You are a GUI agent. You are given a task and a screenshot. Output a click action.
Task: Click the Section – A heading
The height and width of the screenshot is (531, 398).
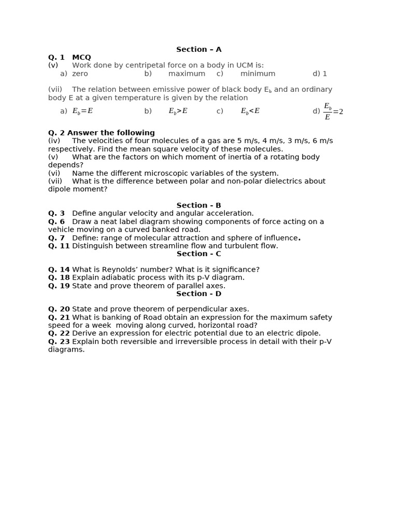[x=198, y=49]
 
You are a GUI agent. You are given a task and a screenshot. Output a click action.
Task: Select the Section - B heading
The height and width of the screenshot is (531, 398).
[x=198, y=205]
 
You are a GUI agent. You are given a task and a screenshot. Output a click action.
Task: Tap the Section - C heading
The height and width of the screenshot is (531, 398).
[x=198, y=254]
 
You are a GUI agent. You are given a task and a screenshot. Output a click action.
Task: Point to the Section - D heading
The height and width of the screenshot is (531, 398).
[x=198, y=294]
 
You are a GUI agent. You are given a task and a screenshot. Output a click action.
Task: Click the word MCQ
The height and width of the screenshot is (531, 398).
[x=81, y=57]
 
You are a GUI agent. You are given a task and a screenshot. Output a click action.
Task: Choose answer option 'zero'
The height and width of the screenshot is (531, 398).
[x=80, y=74]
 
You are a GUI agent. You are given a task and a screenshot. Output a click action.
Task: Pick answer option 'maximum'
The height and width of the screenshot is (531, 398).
[x=187, y=74]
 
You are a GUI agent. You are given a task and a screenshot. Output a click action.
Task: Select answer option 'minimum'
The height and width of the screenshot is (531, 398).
[x=258, y=74]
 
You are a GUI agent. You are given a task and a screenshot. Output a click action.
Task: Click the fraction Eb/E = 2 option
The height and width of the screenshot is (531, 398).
[x=333, y=111]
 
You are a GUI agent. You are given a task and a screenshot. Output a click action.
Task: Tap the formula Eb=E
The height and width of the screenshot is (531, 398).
[x=82, y=111]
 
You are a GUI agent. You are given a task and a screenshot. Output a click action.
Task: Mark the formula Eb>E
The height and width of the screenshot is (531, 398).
[x=178, y=111]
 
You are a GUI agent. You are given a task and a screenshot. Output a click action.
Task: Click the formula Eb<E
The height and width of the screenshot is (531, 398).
[x=250, y=111]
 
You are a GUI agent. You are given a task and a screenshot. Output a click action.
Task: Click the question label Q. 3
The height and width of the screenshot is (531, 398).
[x=56, y=213]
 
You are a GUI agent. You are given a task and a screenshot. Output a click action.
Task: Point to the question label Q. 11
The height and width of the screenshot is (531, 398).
[x=59, y=246]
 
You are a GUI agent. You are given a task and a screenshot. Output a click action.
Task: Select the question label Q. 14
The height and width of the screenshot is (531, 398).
[x=59, y=270]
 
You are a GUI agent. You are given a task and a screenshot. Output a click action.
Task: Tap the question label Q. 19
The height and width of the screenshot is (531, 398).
[x=59, y=286]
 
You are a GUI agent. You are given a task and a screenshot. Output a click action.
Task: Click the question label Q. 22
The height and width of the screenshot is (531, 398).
[x=59, y=333]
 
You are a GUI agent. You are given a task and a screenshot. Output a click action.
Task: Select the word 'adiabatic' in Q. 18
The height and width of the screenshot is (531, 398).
[x=114, y=277]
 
